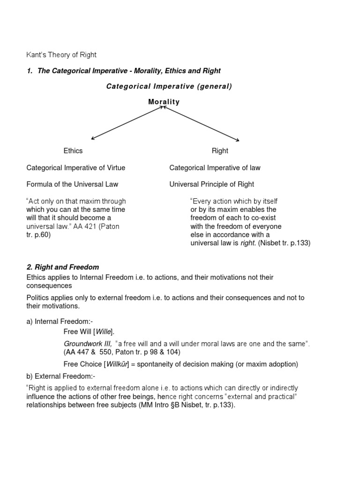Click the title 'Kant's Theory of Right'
point(61,55)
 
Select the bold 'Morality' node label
point(164,102)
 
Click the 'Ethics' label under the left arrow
point(73,150)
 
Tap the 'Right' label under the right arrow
point(220,150)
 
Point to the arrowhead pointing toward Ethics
point(93,139)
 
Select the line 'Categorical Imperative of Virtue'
point(76,167)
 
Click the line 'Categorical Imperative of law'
point(215,167)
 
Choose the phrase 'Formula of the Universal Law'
point(72,184)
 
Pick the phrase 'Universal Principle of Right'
point(212,184)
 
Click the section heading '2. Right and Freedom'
point(63,267)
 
